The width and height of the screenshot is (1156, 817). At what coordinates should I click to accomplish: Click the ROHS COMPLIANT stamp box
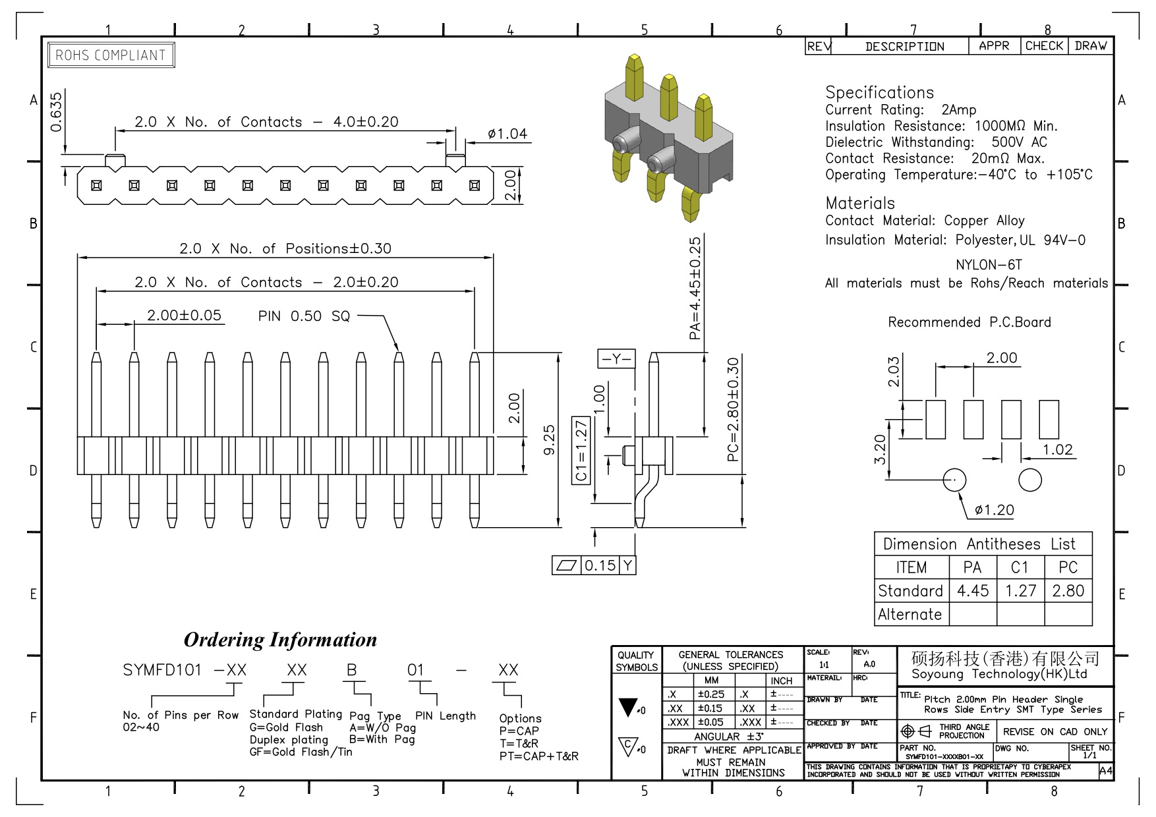111,55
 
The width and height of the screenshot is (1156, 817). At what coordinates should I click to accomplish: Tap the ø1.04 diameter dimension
507,134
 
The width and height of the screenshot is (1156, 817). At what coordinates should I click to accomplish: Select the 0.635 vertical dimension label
56,111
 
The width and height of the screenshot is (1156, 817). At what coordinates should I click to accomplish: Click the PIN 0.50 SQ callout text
304,316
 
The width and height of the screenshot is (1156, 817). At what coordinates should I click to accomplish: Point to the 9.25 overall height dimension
549,440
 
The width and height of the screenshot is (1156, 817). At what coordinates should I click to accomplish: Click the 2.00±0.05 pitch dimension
184,315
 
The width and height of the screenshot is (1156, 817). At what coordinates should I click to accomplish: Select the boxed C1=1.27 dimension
581,451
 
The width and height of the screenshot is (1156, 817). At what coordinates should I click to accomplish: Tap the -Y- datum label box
616,358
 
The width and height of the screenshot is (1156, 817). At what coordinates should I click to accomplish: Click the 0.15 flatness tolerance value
600,565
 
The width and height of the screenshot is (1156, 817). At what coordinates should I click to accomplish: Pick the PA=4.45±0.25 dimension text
695,289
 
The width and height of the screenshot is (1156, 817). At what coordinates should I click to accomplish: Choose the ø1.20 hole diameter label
995,510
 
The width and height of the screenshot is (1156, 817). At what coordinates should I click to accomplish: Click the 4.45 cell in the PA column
973,591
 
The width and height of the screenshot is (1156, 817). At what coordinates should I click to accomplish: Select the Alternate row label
910,615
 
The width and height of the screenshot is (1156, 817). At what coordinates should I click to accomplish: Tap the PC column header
1068,567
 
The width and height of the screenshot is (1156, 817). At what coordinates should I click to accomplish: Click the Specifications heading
879,92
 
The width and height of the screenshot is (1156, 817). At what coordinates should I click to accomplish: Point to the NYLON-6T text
989,265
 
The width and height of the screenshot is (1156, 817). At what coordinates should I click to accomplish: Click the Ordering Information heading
280,640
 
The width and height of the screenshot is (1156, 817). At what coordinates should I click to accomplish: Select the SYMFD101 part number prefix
162,670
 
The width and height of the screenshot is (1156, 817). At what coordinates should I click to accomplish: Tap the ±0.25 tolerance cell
711,694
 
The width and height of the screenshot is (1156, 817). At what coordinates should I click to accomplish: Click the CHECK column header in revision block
1044,46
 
